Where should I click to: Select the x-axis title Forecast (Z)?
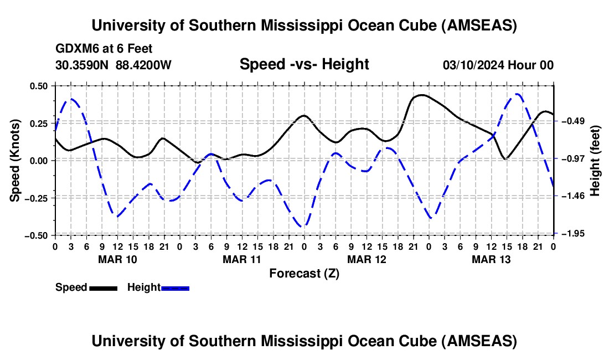coord(304,273)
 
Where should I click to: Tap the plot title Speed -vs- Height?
coord(304,65)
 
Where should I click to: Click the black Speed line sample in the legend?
coord(103,288)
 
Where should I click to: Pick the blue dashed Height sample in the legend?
coord(175,288)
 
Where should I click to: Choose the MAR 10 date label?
coord(117,259)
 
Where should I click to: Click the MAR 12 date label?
coord(367,259)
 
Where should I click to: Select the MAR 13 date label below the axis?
coord(491,259)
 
